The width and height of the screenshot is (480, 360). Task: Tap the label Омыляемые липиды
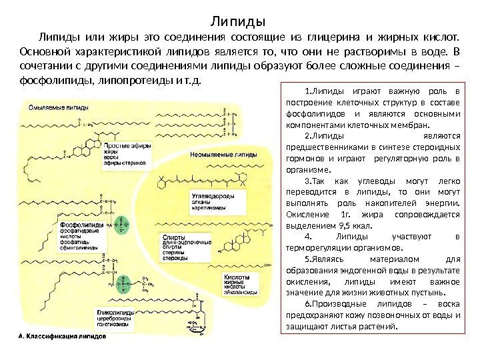pos(57,107)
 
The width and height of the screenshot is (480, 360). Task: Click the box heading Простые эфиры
pos(125,145)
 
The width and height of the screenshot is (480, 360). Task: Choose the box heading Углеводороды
pos(201,198)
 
